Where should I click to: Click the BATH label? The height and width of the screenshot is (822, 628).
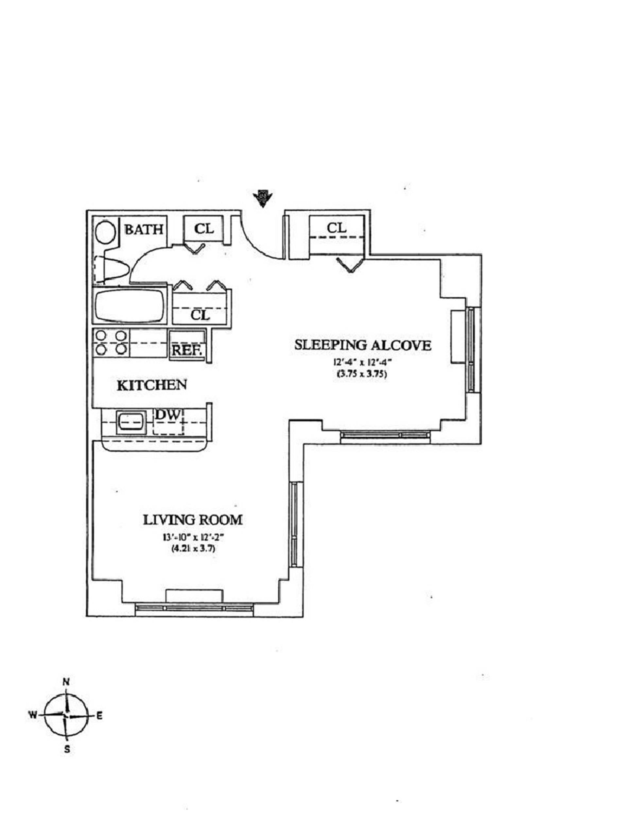point(144,229)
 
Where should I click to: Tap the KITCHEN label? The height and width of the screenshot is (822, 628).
point(152,385)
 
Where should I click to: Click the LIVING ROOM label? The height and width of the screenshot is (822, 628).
point(193,520)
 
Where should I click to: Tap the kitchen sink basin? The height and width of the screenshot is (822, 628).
point(131,422)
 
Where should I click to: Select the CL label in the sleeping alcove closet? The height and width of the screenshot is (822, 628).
point(337,228)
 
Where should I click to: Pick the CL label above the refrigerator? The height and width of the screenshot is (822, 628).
point(201,315)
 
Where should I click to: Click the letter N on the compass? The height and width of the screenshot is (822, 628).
point(66,681)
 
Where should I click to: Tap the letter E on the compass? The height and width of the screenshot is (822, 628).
point(99,715)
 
